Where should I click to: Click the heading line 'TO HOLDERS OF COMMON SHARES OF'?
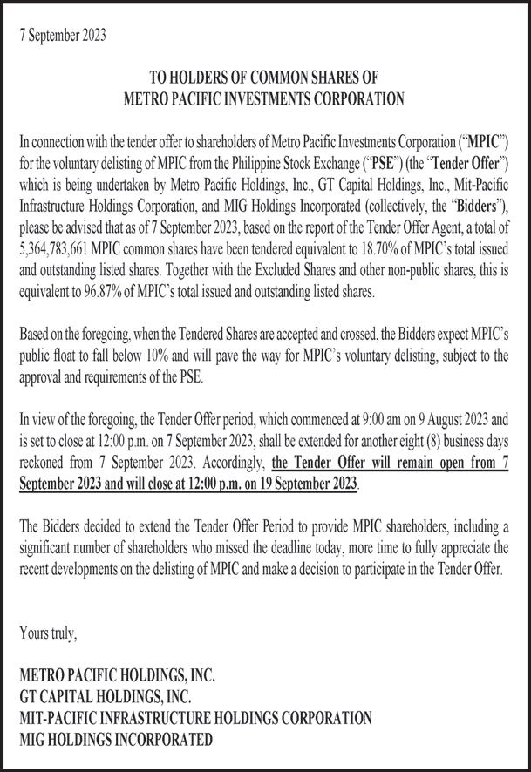[x=264, y=79]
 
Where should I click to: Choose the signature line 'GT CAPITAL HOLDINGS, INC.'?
[x=105, y=696]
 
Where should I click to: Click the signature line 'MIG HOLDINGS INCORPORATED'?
[x=115, y=740]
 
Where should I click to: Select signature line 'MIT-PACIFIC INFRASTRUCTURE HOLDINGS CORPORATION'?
[x=195, y=718]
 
